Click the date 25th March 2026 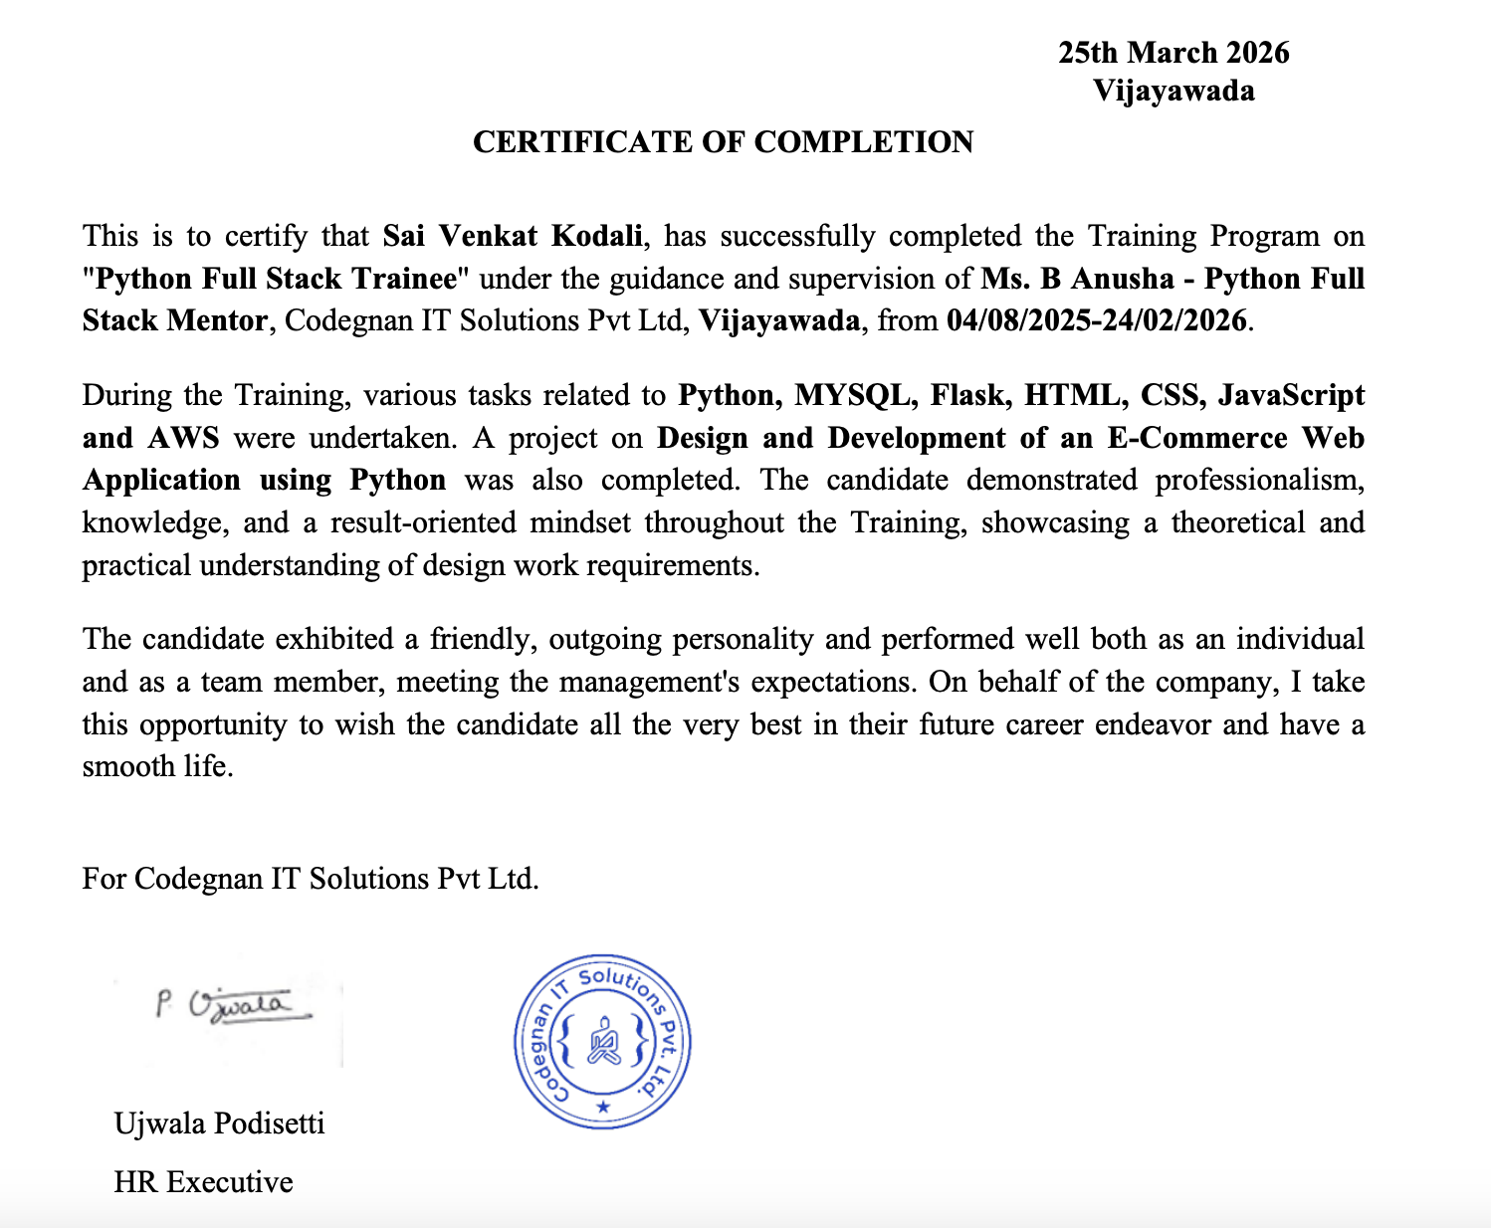(1173, 53)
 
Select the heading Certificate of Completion (723, 142)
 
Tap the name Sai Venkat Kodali (513, 236)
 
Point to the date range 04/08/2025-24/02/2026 (1096, 320)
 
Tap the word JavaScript (1291, 395)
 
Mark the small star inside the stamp (602, 1107)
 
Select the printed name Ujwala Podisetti (219, 1124)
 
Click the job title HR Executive (203, 1182)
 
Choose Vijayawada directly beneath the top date (1173, 92)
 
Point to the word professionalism (1259, 481)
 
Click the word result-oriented (423, 523)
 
